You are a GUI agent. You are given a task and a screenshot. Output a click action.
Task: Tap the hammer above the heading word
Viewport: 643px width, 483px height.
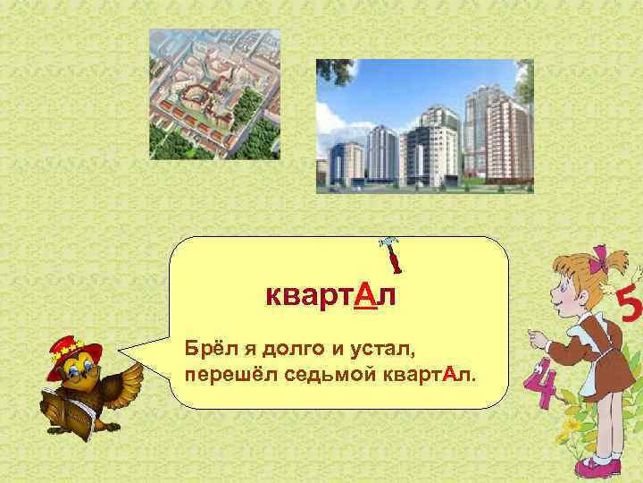(390, 254)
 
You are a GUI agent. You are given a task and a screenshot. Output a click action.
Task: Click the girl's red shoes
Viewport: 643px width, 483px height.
(596, 466)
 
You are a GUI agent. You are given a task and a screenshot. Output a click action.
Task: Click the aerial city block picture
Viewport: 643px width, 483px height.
(214, 94)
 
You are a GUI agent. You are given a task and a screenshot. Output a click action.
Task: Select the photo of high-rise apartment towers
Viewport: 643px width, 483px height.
(424, 125)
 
